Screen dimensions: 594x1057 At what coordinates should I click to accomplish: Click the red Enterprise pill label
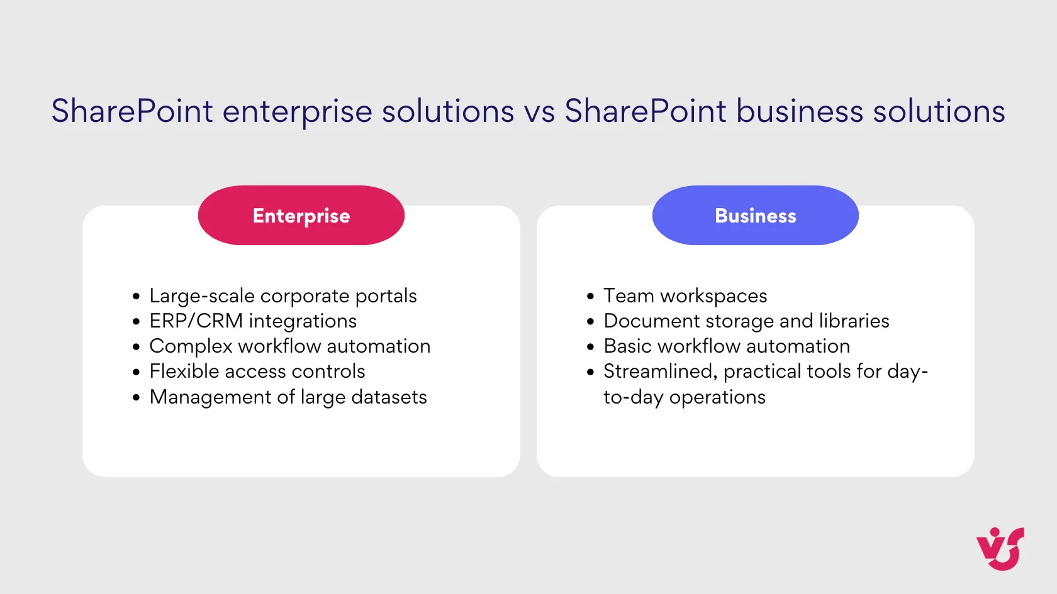301,216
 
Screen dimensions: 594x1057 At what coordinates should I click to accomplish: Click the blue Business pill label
755,216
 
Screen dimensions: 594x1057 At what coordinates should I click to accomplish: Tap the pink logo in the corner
1000,549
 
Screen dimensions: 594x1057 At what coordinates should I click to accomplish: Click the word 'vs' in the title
539,112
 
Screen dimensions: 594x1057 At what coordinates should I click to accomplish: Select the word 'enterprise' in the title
297,112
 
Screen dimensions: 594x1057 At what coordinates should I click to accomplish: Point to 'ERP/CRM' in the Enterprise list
196,321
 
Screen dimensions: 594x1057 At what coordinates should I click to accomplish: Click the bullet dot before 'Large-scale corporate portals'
136,297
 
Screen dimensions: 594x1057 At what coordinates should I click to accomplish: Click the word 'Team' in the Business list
629,296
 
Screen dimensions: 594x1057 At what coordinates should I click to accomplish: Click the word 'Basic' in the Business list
627,346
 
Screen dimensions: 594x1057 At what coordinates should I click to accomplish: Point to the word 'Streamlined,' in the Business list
660,371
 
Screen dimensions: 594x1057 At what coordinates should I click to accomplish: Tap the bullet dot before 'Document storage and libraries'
590,322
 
